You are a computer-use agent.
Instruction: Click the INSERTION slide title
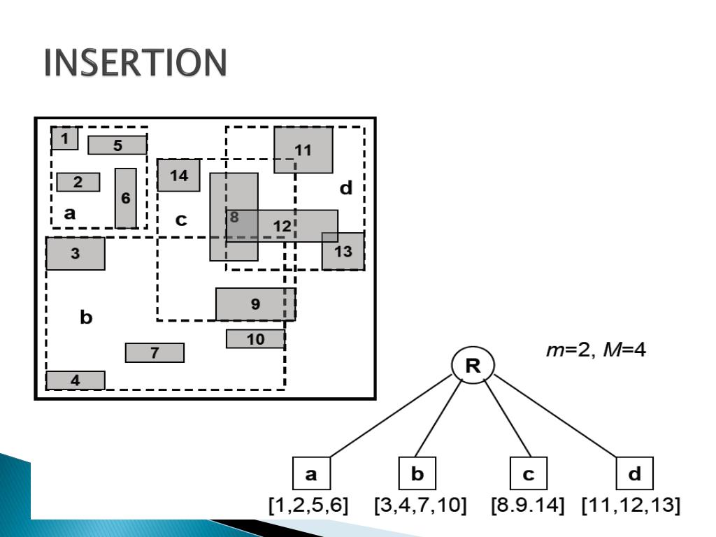(x=135, y=64)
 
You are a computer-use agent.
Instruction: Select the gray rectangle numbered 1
(x=64, y=138)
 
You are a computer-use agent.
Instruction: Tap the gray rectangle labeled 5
(x=117, y=145)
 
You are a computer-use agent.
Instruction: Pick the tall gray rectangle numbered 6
(x=126, y=198)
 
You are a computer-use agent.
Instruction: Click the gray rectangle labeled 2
(x=78, y=182)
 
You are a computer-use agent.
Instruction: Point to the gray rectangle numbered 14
(x=179, y=176)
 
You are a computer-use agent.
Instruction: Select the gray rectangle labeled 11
(x=303, y=150)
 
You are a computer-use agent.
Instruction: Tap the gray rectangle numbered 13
(x=343, y=252)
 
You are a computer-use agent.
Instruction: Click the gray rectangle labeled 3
(x=76, y=254)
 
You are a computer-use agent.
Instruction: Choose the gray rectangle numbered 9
(x=255, y=304)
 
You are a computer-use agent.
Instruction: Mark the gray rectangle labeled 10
(x=255, y=339)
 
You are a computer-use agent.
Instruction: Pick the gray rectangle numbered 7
(x=155, y=353)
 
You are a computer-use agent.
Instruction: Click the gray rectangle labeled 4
(x=76, y=380)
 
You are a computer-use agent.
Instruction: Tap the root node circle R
(x=473, y=366)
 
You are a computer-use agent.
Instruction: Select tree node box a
(x=311, y=475)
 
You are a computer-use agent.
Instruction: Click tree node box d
(x=634, y=475)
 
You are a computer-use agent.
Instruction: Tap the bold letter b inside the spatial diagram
(x=86, y=318)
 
